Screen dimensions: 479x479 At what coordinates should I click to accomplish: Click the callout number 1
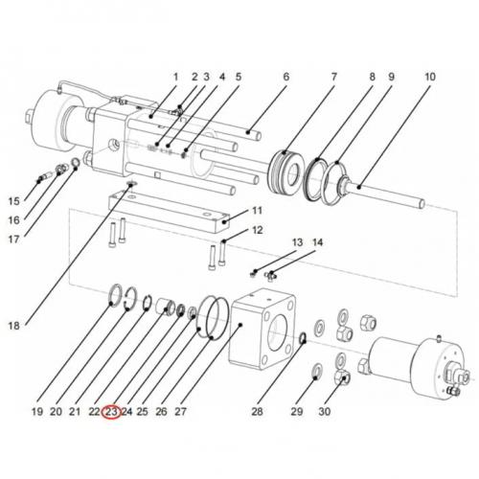(x=175, y=77)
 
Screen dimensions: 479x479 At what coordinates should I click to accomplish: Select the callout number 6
(x=285, y=77)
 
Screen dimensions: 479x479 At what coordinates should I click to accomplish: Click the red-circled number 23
(x=111, y=412)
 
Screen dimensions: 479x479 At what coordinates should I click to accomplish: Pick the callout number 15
(x=14, y=201)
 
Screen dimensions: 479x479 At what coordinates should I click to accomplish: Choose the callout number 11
(x=256, y=211)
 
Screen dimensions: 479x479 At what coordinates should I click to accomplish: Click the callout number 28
(x=257, y=412)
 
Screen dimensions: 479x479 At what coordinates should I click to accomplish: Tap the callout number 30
(x=324, y=412)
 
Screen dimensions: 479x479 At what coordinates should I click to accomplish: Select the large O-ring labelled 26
(x=213, y=317)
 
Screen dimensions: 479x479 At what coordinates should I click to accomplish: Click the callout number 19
(x=36, y=412)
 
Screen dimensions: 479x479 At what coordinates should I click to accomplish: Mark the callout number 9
(x=391, y=77)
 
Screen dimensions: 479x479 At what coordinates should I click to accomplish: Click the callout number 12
(x=257, y=231)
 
